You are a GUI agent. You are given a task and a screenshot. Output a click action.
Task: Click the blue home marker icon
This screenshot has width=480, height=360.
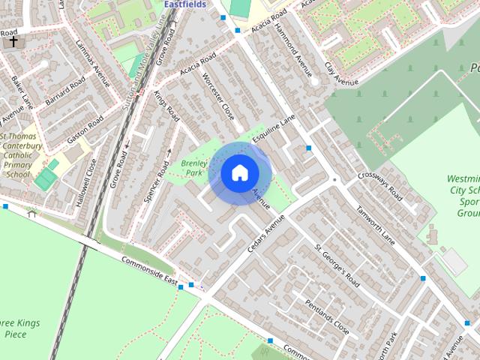click(239, 173)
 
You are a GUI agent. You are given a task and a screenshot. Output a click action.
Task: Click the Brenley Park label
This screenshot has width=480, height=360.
click(193, 167)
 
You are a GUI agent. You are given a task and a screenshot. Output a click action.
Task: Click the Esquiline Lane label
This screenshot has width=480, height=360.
click(278, 130)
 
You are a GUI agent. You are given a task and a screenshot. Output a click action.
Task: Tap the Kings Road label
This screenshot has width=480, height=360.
click(166, 107)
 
